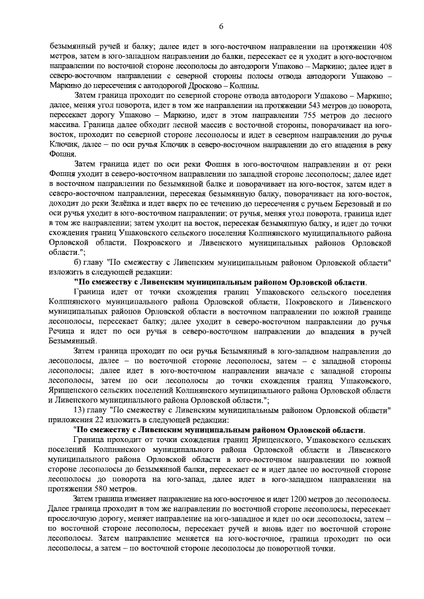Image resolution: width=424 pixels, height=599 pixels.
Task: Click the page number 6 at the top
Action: click(x=212, y=26)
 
